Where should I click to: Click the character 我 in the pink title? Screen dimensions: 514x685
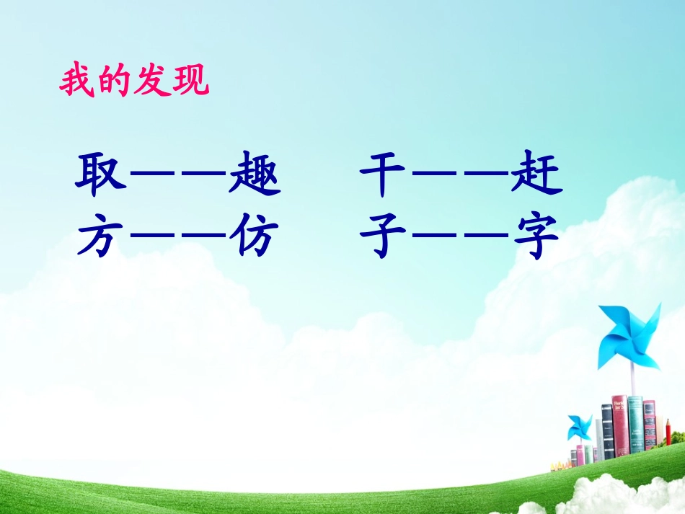[x=77, y=83]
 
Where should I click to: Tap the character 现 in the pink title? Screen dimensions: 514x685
[x=190, y=83]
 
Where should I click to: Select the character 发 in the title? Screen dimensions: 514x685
[x=153, y=83]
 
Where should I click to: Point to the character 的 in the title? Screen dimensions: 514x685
[x=115, y=83]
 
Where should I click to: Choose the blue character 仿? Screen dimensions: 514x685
[x=254, y=239]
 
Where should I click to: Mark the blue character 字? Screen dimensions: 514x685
[x=536, y=239]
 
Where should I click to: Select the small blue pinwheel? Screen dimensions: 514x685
[x=579, y=427]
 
